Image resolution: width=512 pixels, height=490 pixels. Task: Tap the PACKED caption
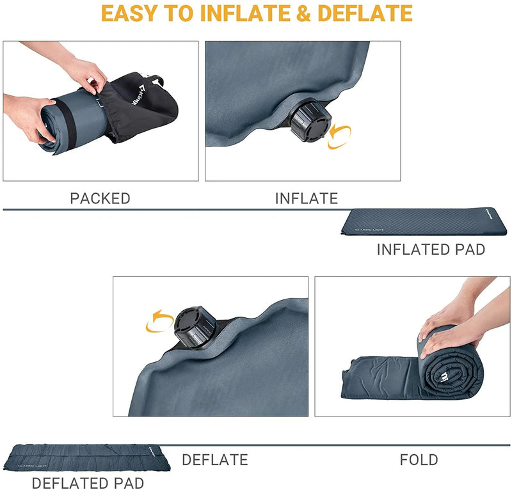[x=100, y=198]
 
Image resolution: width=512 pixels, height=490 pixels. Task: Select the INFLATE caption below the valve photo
[x=306, y=198]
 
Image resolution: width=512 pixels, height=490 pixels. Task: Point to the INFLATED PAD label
[x=431, y=249]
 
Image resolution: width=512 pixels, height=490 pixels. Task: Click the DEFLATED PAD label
[x=88, y=483]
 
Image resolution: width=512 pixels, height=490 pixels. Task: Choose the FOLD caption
[x=419, y=459]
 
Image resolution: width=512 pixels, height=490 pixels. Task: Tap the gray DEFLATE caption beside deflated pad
[x=214, y=459]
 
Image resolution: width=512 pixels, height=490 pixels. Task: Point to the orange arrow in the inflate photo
[x=339, y=137]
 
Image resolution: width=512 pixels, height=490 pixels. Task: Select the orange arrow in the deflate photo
[x=159, y=321]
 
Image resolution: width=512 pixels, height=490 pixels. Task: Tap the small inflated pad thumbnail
[x=426, y=222]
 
